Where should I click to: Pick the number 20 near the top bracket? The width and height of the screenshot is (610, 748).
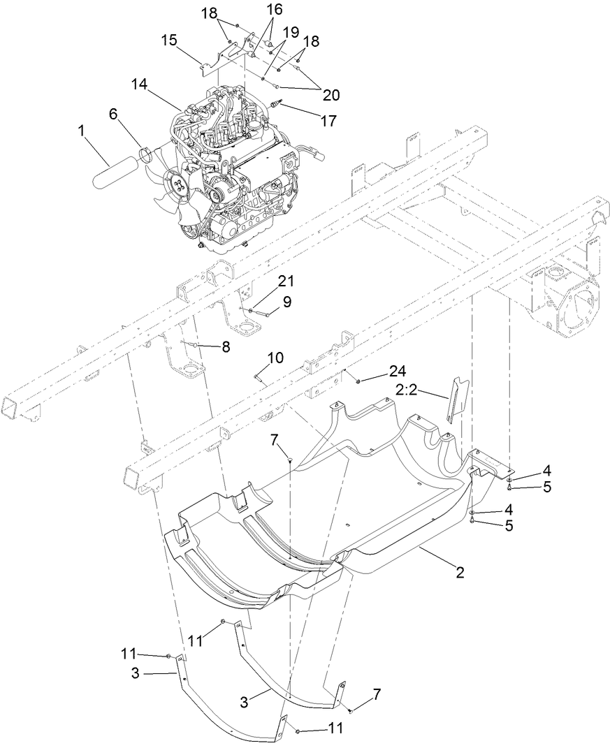pos(326,95)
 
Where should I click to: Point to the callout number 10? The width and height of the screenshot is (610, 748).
pos(275,358)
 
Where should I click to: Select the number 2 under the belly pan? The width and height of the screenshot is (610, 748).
pos(460,573)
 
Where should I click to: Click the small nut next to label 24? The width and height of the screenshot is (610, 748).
pos(358,381)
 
